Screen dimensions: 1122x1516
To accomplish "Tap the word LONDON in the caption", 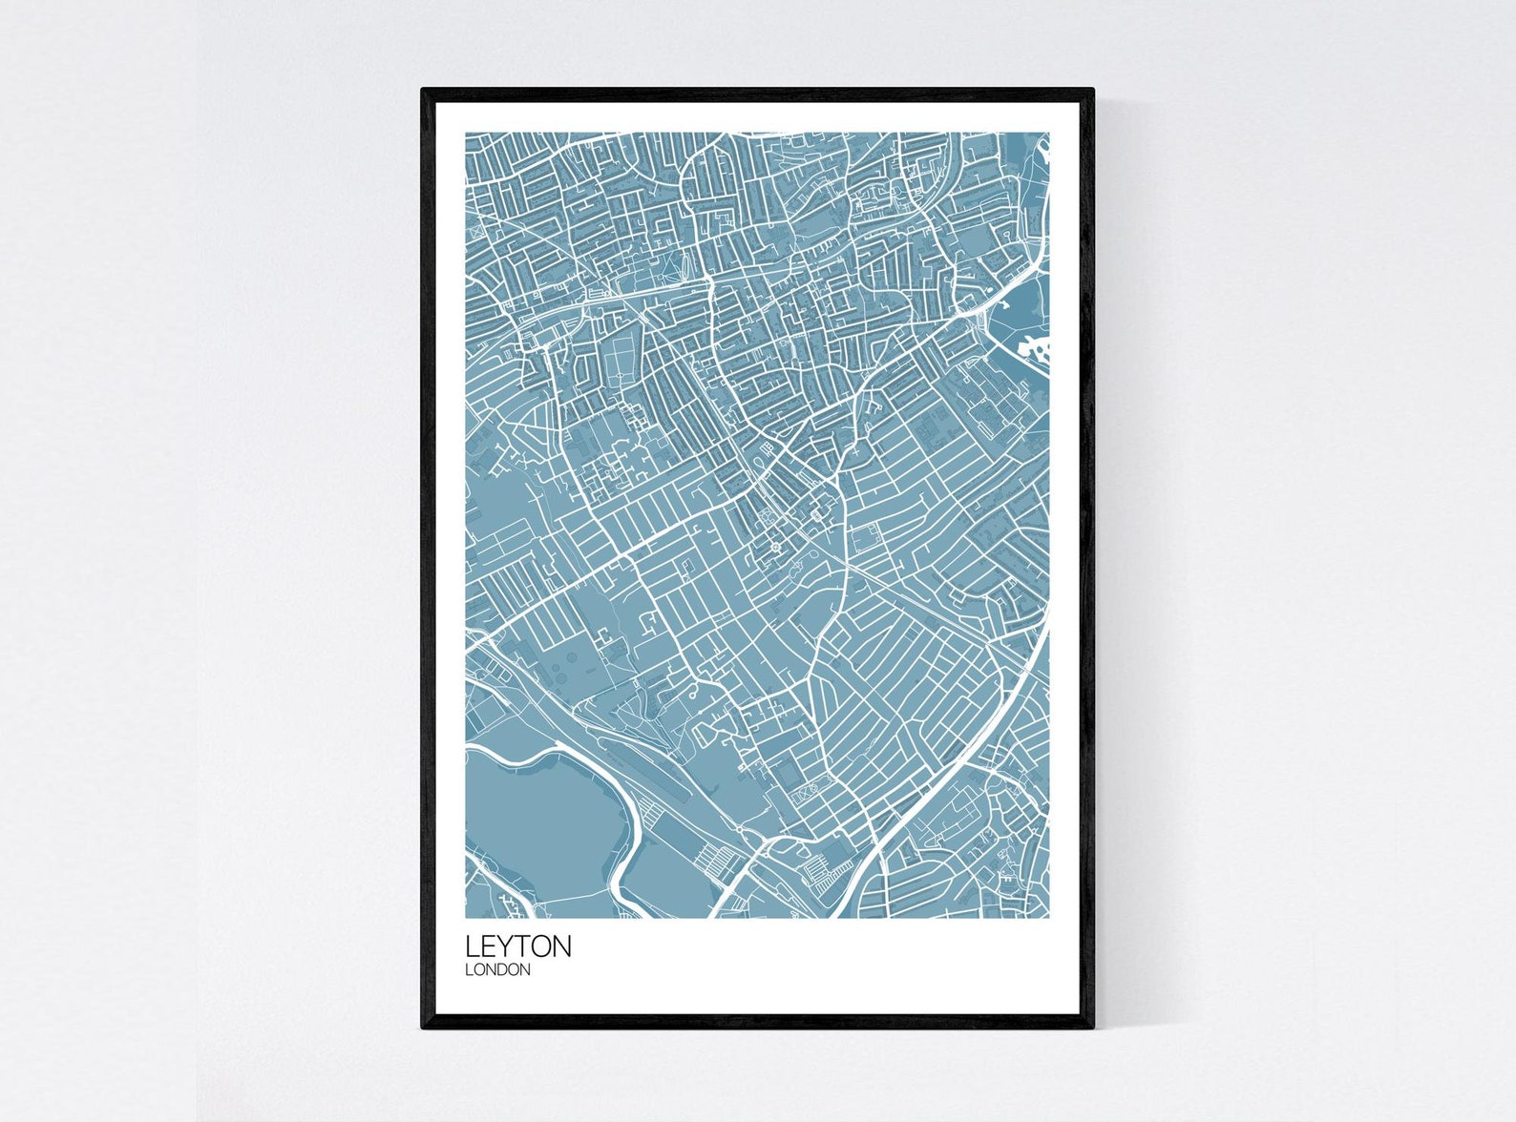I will point(497,970).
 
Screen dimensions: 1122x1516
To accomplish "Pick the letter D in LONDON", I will point(505,970).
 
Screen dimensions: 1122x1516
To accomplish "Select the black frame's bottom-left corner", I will point(423,1028).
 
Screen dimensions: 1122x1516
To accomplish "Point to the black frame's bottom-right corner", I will point(1092,1028).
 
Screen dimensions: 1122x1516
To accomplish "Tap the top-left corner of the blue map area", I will point(467,134).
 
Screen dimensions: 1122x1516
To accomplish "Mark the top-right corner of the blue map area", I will point(1048,134).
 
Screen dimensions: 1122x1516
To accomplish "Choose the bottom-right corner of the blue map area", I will point(1048,917).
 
